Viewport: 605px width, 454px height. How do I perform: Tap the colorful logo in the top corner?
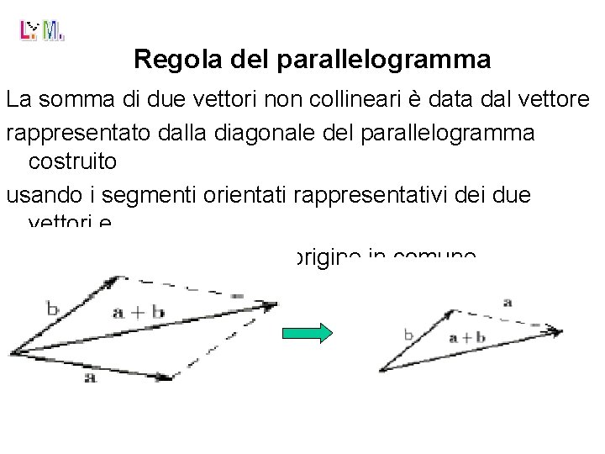tap(41, 31)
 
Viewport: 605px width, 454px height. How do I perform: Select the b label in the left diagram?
tap(52, 309)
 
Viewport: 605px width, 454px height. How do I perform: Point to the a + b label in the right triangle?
tap(466, 338)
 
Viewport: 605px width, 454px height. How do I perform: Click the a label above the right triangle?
tap(505, 301)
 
